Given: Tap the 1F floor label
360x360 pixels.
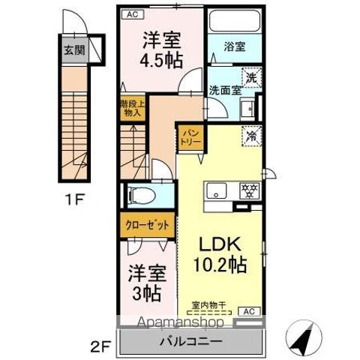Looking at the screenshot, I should pyautogui.click(x=73, y=201).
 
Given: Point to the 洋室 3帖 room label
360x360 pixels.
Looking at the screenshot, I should pyautogui.click(x=145, y=282).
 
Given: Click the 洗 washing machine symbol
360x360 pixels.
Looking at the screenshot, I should pyautogui.click(x=249, y=76).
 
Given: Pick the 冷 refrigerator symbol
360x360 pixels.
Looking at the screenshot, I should pyautogui.click(x=250, y=137).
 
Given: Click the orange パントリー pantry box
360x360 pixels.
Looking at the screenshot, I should pyautogui.click(x=187, y=139).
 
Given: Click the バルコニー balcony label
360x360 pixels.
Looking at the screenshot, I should pyautogui.click(x=190, y=342).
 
